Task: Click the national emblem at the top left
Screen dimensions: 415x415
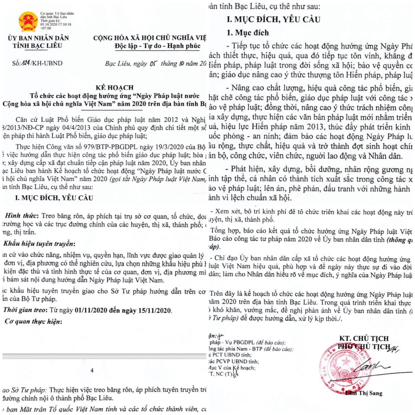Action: click(x=28, y=21)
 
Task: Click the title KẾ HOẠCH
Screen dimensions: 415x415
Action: click(x=115, y=88)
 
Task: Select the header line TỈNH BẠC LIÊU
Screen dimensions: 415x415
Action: click(x=37, y=46)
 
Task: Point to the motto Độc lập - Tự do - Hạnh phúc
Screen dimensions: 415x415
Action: click(x=157, y=46)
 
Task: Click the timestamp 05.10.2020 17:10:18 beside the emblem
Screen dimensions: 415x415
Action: click(x=56, y=24)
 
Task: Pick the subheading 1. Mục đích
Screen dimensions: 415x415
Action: click(x=248, y=33)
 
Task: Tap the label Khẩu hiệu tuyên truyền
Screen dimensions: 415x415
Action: click(x=39, y=243)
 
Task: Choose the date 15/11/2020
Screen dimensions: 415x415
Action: click(x=154, y=310)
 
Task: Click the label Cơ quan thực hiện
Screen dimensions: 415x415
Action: click(x=33, y=321)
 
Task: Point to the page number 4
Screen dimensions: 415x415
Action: click(x=92, y=370)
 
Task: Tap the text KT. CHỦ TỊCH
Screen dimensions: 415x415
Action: click(x=364, y=338)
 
